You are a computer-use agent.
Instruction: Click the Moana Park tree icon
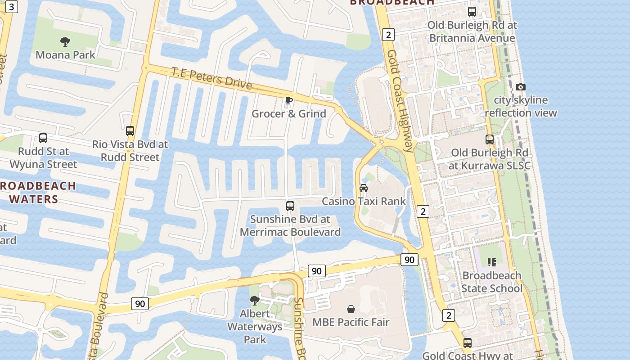(x=65, y=42)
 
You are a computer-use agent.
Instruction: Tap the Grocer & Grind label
(x=288, y=113)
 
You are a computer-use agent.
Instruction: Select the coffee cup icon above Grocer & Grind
(x=288, y=100)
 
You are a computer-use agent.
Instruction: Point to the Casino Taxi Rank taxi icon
(x=364, y=188)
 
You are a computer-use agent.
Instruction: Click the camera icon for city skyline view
(x=521, y=87)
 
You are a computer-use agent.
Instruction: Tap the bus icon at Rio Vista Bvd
(x=130, y=131)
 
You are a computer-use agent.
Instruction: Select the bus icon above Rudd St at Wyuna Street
(x=43, y=138)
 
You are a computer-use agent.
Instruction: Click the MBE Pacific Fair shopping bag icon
(x=351, y=309)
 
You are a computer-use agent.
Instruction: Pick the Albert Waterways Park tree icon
(x=255, y=300)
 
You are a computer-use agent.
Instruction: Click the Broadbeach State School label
(x=491, y=282)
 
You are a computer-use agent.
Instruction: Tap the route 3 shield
(x=12, y=6)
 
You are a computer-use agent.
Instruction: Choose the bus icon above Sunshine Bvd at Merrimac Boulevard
(x=290, y=206)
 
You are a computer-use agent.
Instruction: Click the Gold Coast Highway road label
(x=400, y=101)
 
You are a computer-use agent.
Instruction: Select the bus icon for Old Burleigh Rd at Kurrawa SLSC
(x=490, y=139)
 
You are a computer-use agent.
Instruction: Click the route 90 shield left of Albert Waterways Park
(x=140, y=304)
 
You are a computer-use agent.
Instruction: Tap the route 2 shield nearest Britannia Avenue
(x=388, y=34)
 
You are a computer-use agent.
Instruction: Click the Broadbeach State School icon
(x=491, y=262)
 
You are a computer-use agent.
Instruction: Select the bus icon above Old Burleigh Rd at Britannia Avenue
(x=472, y=12)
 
